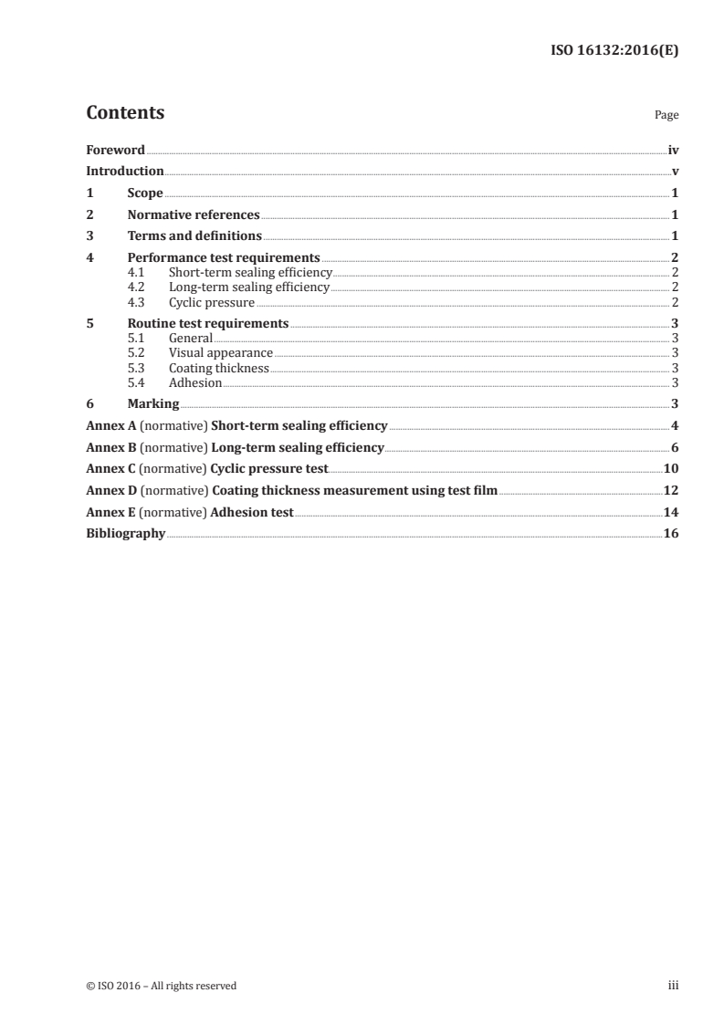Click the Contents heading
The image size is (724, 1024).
point(125,113)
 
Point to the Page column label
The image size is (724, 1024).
point(666,116)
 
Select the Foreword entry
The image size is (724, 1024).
point(115,150)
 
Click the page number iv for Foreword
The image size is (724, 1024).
point(672,150)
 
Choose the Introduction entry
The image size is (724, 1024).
point(125,172)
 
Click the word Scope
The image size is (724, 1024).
point(145,193)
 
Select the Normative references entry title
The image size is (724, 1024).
point(194,215)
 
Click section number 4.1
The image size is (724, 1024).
point(137,272)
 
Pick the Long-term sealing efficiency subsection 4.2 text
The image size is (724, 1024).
point(248,287)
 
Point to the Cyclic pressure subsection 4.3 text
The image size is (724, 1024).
point(212,302)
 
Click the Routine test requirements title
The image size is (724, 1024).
point(208,323)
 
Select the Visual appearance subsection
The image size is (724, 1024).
point(220,352)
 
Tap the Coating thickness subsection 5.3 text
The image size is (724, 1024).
point(218,368)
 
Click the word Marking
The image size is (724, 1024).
point(153,404)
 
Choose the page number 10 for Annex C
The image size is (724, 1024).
point(671,469)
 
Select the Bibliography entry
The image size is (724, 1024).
point(125,534)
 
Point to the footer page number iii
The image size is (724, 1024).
point(673,986)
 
